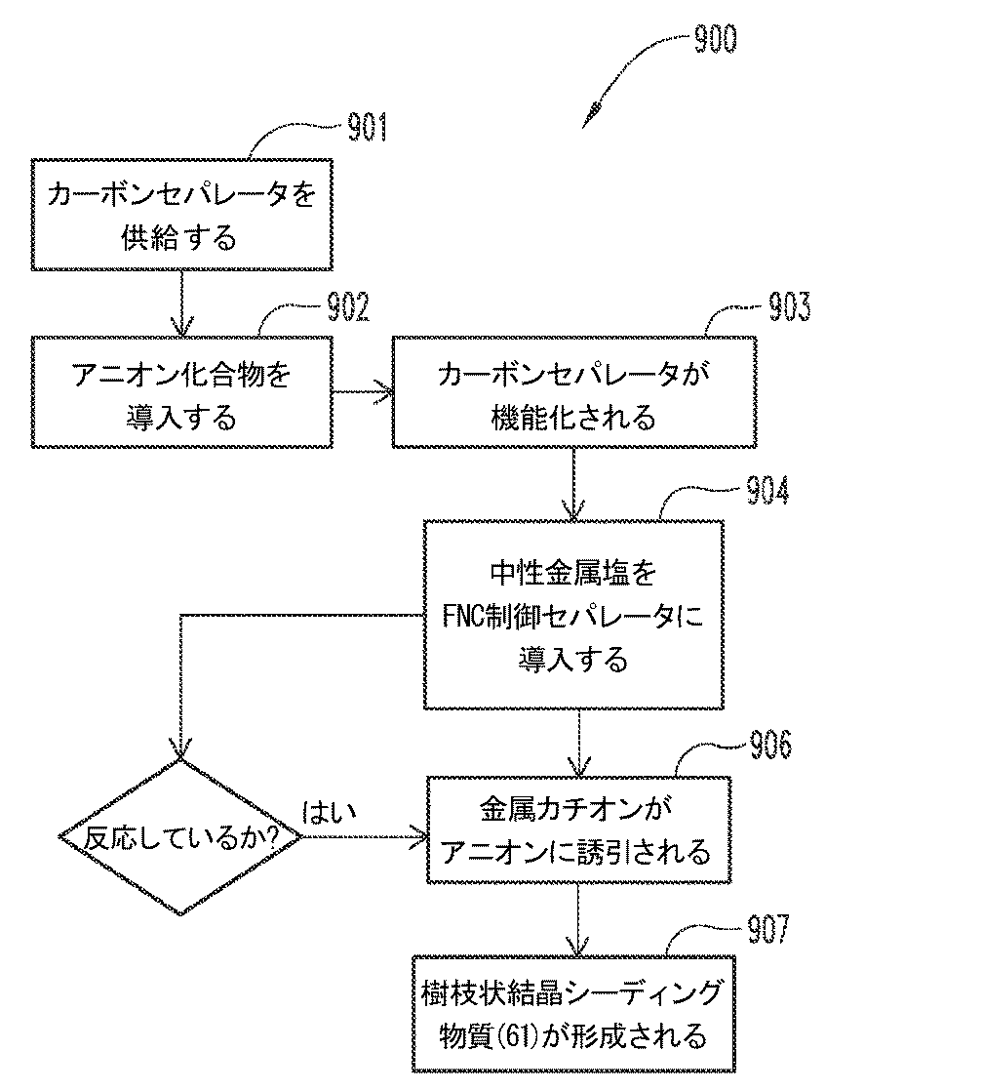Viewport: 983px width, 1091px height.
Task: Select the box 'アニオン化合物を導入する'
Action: point(181,393)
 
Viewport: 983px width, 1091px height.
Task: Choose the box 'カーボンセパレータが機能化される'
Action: point(573,393)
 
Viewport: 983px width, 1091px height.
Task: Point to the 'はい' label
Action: point(330,811)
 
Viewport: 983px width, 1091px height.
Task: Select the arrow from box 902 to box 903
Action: point(362,393)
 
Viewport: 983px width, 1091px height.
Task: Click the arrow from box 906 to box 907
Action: point(577,920)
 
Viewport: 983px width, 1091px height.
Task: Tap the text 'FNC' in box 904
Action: point(470,616)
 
